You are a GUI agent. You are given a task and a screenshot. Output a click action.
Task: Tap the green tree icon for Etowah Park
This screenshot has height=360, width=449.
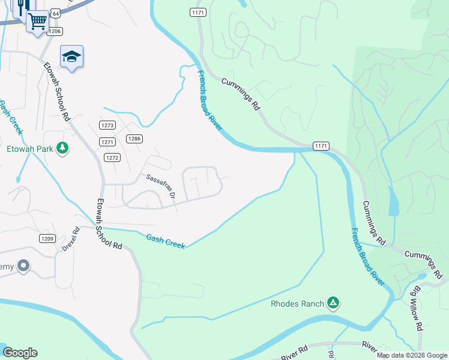[x=62, y=148]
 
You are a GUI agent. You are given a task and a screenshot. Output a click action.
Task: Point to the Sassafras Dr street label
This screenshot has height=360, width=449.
[x=160, y=187]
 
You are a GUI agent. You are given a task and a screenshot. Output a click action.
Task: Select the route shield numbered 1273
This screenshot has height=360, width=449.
[x=107, y=125]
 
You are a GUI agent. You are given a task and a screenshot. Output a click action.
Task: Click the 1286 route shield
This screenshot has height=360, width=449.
[x=134, y=139]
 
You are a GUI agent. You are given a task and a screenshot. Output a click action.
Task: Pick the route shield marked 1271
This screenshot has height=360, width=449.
[x=107, y=142]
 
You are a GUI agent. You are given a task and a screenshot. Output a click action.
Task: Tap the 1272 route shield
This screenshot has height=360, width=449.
[x=112, y=157]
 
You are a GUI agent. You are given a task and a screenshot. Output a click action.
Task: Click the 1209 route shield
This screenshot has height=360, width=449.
[x=47, y=239]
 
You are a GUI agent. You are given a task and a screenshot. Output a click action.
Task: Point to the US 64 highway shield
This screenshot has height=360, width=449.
[x=55, y=13]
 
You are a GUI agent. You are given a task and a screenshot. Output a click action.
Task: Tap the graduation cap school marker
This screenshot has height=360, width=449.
[x=71, y=56]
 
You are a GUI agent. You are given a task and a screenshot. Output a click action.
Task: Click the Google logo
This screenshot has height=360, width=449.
[x=20, y=353]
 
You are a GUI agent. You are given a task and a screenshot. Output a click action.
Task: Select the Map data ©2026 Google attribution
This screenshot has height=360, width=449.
[x=411, y=355]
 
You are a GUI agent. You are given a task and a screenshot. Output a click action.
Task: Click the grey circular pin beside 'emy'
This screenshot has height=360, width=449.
[x=23, y=265]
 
